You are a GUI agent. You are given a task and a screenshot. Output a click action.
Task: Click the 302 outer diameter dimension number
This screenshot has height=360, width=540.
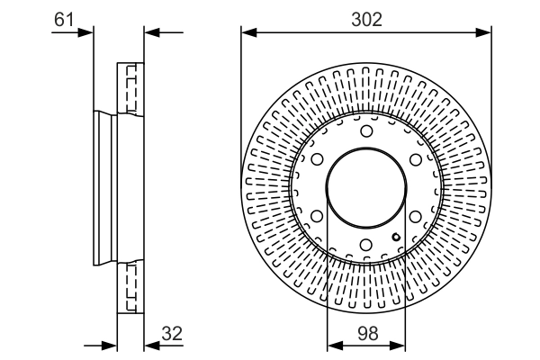click(x=366, y=19)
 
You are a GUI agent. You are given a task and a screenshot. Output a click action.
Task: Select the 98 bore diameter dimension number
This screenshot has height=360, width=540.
click(x=366, y=333)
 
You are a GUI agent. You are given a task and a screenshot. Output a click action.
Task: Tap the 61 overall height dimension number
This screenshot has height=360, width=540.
click(x=64, y=18)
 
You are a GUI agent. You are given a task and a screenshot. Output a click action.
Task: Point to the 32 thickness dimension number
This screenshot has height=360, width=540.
click(x=172, y=333)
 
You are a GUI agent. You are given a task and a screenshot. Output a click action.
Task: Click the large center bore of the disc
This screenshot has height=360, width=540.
click(x=366, y=188)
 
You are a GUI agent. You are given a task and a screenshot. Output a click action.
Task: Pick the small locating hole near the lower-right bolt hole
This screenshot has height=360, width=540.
click(x=395, y=237)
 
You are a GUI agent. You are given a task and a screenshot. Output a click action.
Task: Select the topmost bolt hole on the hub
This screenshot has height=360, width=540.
click(x=366, y=132)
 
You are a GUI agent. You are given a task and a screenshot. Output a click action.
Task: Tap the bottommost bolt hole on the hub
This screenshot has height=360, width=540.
click(x=366, y=245)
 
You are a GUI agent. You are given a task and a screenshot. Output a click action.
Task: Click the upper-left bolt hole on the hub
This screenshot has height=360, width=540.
click(x=318, y=160)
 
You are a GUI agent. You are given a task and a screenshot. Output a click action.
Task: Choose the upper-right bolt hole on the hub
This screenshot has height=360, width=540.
click(x=415, y=160)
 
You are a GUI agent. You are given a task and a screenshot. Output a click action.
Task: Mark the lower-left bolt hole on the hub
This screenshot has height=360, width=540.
click(x=318, y=216)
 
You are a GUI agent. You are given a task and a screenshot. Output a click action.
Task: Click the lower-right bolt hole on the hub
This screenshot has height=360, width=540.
click(x=415, y=216)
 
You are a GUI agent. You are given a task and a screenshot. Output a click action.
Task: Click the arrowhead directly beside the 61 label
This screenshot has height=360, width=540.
click(x=86, y=33)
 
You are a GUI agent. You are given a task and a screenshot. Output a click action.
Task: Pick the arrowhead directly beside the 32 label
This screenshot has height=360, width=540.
click(x=150, y=345)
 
